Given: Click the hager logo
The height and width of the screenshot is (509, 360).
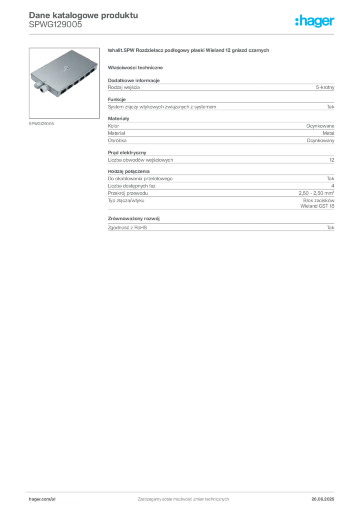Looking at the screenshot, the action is [315, 21].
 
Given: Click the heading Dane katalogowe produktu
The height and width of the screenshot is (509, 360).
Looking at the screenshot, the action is [84, 15].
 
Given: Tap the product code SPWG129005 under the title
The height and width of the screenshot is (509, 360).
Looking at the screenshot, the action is [55, 25].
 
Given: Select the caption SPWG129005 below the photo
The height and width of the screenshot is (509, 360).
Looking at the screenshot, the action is [41, 124].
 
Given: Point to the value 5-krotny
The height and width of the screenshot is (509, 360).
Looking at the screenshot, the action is [325, 87].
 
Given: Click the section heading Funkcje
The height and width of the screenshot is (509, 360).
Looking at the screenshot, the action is [117, 99].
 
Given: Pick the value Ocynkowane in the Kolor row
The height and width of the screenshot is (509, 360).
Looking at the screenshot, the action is [320, 126].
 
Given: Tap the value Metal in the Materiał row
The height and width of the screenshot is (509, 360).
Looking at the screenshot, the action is [328, 133].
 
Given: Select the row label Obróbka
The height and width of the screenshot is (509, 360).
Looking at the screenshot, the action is [117, 141].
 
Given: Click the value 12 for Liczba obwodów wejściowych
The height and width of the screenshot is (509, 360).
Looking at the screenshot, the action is [332, 160].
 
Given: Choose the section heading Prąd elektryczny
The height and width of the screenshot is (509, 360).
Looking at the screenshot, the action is [127, 153].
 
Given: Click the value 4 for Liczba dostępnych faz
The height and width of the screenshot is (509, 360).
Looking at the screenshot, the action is [333, 186].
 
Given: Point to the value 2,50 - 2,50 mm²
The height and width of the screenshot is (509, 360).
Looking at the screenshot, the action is [317, 193].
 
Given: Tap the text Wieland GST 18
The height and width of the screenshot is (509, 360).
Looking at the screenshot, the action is [317, 206].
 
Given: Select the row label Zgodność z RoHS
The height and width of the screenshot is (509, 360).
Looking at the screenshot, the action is [127, 228].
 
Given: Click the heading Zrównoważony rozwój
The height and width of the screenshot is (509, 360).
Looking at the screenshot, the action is [134, 219].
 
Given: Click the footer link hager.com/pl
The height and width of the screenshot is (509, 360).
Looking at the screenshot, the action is [42, 499].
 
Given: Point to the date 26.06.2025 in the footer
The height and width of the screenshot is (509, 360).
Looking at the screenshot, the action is [323, 499].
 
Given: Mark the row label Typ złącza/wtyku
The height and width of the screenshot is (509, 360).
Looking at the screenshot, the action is [126, 201].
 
